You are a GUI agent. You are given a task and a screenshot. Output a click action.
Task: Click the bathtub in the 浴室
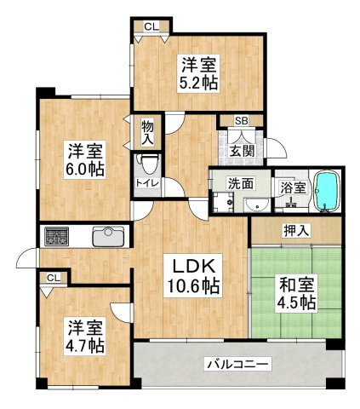[x=328, y=191]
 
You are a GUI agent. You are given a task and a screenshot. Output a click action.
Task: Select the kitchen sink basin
[x=109, y=237]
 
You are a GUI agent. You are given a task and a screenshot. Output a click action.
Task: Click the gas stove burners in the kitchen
[x=57, y=236]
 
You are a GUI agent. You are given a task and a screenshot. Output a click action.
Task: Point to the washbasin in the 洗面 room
[x=257, y=205]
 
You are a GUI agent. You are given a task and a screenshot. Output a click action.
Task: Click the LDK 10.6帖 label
[x=193, y=276]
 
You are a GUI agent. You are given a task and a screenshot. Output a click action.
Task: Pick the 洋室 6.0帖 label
[x=85, y=159]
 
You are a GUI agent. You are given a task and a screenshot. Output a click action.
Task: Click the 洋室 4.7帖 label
[x=85, y=337]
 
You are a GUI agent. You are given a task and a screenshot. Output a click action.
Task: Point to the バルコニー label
[x=237, y=364]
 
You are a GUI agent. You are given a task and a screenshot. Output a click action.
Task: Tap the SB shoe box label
[x=242, y=121]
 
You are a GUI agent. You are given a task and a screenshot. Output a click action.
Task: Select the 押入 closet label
[x=296, y=231]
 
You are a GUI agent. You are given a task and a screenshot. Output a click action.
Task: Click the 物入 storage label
[x=148, y=133]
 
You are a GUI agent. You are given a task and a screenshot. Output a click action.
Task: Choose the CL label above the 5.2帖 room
[x=151, y=26]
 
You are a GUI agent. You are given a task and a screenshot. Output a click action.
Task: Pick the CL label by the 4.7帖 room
[x=54, y=278]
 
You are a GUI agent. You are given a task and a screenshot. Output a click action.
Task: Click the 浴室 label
[x=294, y=188]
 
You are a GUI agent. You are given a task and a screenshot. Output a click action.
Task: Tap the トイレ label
[x=147, y=182]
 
